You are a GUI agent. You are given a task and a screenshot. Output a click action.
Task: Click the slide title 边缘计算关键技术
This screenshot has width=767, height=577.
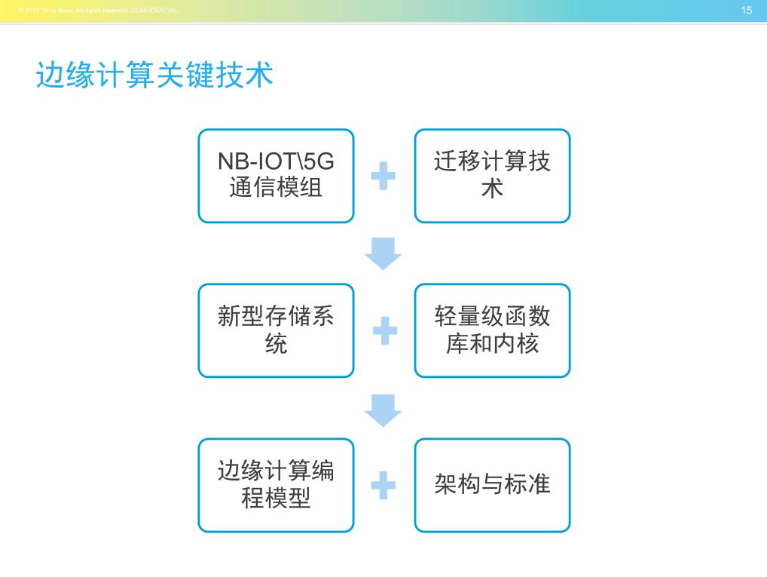[x=154, y=76]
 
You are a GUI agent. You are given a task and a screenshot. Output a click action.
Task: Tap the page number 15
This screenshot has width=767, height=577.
[x=747, y=11]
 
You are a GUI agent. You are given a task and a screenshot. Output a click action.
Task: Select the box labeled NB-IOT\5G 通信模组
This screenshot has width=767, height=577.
[x=276, y=176]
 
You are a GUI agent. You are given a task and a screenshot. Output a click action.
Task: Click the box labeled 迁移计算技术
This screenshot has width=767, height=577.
[x=492, y=176]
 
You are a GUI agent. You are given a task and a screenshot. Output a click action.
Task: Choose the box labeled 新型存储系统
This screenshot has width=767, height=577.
[x=276, y=330]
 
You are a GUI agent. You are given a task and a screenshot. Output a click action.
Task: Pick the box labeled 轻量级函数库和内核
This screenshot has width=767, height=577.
[x=492, y=330]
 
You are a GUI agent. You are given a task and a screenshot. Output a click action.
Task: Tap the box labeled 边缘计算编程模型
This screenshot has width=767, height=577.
[x=276, y=485]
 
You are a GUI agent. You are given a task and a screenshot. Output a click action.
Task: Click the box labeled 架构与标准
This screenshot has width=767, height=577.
[x=492, y=485]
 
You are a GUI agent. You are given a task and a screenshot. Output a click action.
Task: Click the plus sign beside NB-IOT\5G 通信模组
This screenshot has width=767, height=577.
[x=383, y=176]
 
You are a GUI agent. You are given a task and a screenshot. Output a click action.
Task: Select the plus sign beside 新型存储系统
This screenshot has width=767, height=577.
[x=384, y=330]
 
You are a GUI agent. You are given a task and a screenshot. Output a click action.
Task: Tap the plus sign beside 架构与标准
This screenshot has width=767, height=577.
[x=383, y=485]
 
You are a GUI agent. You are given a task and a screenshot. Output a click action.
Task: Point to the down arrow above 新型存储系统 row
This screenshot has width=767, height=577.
[x=383, y=253]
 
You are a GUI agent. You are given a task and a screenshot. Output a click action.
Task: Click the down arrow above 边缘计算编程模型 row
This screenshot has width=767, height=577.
[x=383, y=408]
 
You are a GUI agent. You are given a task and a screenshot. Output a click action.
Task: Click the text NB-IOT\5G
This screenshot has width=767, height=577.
[x=276, y=162]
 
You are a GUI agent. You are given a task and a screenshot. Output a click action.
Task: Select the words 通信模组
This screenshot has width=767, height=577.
[x=276, y=188]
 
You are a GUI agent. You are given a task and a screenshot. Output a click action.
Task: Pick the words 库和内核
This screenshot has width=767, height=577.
[x=492, y=344]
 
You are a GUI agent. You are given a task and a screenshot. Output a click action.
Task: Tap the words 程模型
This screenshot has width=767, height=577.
[x=276, y=499]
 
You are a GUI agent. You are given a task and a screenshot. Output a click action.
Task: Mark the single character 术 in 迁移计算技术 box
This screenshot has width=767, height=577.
[x=492, y=189]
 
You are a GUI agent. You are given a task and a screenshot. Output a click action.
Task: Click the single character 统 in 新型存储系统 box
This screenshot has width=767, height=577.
[x=276, y=344]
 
